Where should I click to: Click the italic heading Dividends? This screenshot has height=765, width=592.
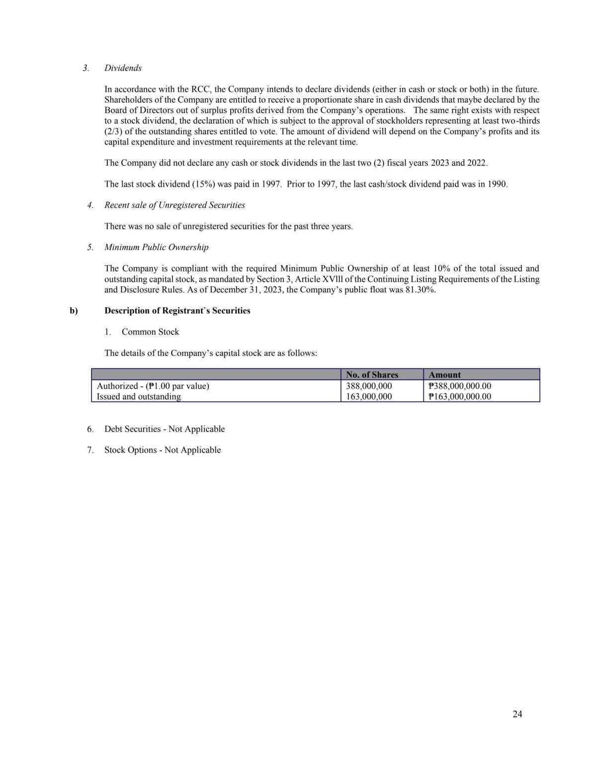tap(123, 68)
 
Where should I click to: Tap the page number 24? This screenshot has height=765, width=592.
tap(517, 714)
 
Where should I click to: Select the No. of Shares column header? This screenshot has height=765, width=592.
tap(372, 375)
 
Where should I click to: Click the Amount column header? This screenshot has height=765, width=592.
tap(444, 375)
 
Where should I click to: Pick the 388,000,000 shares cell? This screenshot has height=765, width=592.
tap(369, 386)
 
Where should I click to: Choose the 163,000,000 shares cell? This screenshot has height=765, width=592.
tap(369, 397)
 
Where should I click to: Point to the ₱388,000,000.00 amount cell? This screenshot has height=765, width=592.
tap(460, 386)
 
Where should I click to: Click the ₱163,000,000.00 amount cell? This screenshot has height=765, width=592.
tap(460, 397)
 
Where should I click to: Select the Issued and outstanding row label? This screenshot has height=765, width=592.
tap(139, 397)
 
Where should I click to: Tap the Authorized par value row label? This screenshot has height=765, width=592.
tap(153, 386)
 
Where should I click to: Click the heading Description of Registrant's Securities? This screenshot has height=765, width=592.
tap(177, 311)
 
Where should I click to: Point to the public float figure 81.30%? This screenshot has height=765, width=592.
tap(421, 290)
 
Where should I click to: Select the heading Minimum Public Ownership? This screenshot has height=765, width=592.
tap(156, 247)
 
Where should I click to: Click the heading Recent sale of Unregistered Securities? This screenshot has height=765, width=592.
tap(174, 205)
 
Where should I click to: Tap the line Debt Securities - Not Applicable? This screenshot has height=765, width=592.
tap(165, 429)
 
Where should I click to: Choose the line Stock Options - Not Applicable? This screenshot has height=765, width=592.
tap(163, 450)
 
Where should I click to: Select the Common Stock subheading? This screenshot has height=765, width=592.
tap(150, 332)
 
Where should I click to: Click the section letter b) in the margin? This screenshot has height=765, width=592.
tap(74, 311)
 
